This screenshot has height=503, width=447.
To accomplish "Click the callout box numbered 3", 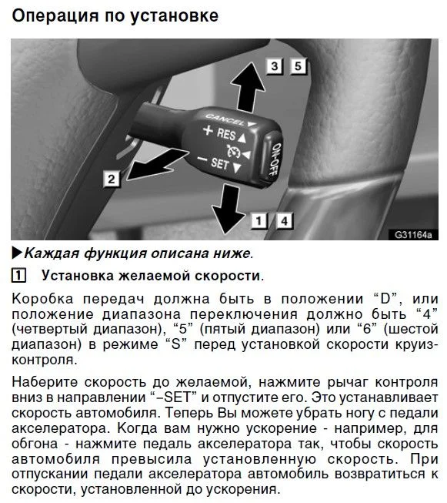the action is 275,66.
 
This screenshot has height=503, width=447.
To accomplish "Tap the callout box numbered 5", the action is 298,66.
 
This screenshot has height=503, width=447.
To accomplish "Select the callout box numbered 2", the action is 112,179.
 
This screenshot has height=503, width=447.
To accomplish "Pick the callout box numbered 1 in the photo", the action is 259,221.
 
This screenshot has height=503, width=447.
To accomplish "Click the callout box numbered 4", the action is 284,221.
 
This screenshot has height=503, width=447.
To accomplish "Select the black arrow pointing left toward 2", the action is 157,164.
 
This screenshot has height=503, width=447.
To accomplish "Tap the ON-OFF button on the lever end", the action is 273,159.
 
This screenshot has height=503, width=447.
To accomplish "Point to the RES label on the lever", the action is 226,134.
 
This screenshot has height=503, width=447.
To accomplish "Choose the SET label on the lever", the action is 220,163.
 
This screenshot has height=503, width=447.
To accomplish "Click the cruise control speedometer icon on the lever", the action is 233,151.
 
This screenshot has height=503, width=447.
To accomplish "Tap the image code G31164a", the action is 413,235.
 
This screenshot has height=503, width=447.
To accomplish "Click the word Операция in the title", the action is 55,16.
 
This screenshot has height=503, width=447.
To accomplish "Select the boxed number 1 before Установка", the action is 18,276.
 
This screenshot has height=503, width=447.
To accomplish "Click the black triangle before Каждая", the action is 17,253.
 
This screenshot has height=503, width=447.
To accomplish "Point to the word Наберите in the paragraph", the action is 45,382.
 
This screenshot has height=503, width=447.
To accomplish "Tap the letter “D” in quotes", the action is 384,299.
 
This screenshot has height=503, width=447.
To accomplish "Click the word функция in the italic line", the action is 115,253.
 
